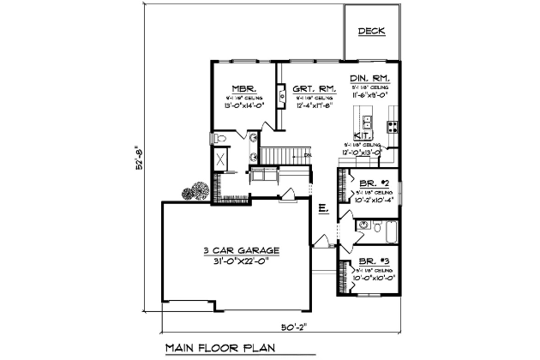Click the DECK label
(x=372, y=32)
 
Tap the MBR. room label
(x=240, y=88)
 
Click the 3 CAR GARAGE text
(x=242, y=250)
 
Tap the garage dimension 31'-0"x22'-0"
(x=242, y=262)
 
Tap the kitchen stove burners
(x=393, y=125)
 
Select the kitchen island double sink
(x=366, y=120)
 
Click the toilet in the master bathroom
(x=219, y=137)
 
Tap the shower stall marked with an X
(x=220, y=159)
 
